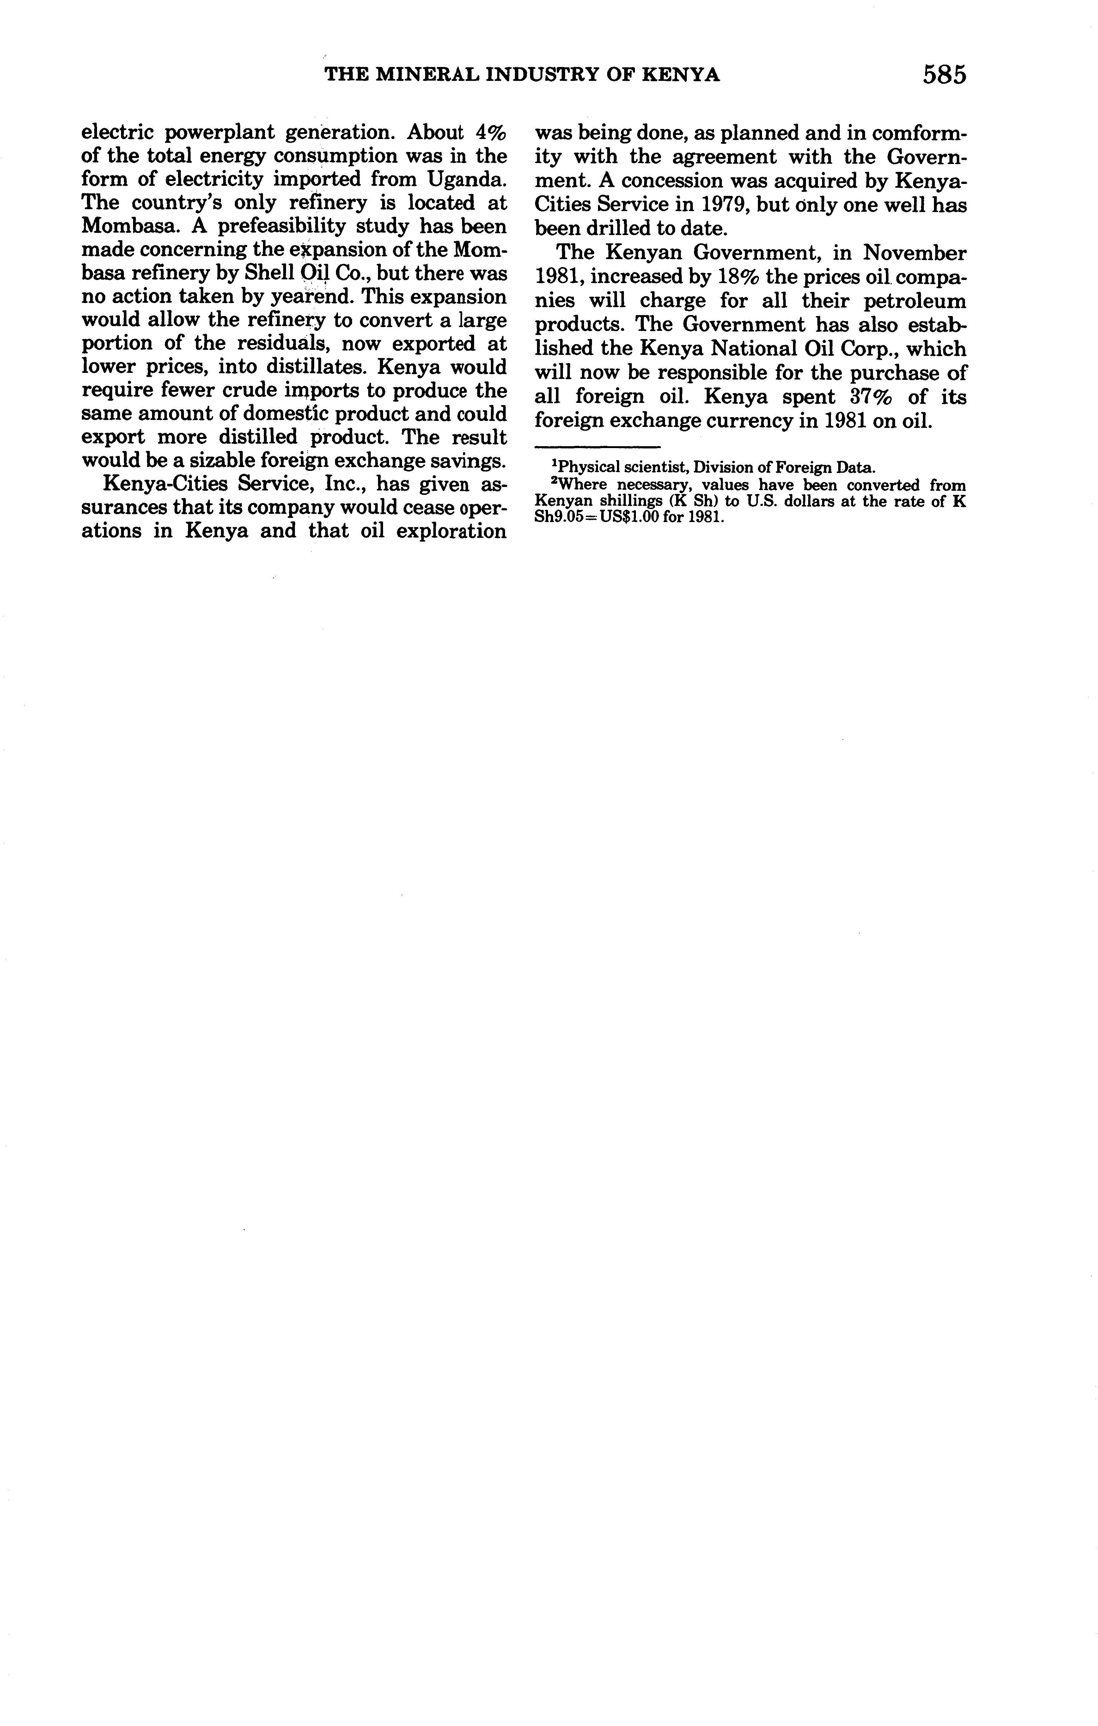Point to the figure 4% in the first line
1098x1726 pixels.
[x=491, y=133]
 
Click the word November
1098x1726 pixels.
[x=914, y=253]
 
